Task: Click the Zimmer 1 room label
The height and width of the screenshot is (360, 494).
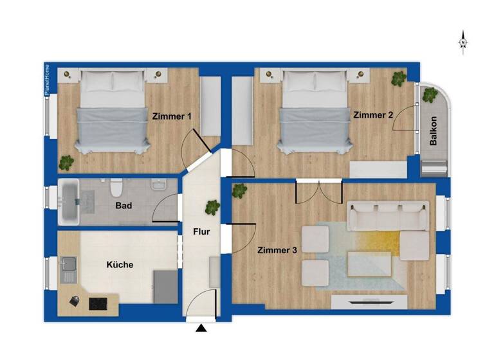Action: click(x=172, y=116)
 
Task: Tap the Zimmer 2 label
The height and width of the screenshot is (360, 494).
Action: click(x=372, y=114)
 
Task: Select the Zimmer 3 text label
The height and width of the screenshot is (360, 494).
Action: click(x=277, y=249)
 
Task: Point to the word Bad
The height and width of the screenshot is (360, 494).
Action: click(x=124, y=206)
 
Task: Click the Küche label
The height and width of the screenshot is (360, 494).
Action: click(x=120, y=264)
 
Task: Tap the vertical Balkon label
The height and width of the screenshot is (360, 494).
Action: click(x=434, y=131)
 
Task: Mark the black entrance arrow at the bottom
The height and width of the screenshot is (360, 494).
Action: click(x=202, y=328)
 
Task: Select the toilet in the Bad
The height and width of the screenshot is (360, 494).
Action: click(x=116, y=188)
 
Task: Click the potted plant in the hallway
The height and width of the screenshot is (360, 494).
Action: click(x=212, y=208)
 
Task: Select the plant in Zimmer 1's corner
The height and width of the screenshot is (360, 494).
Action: click(x=66, y=162)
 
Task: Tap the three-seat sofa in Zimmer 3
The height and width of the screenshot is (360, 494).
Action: click(x=388, y=215)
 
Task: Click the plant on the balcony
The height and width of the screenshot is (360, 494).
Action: click(x=429, y=95)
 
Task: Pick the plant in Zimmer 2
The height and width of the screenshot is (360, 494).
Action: click(x=399, y=78)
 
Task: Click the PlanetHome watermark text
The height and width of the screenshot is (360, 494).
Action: click(x=47, y=80)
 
